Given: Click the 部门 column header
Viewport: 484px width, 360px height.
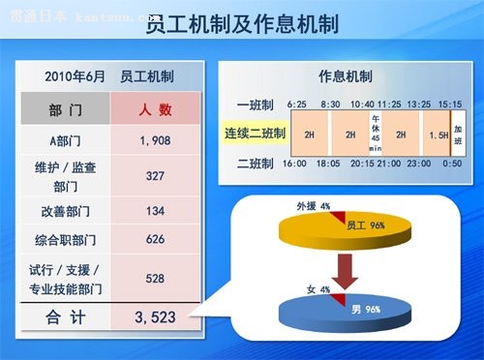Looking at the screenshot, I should tap(65, 110).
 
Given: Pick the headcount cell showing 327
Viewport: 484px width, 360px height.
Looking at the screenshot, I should tap(155, 177).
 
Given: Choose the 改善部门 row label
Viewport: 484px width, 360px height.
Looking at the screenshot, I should tap(65, 211).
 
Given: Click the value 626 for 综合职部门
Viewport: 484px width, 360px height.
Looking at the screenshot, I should tap(155, 238).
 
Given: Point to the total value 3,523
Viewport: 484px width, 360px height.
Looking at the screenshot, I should tap(155, 316).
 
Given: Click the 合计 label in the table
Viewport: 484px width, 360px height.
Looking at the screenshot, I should tap(65, 316).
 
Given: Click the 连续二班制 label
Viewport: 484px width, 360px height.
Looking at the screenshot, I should tap(256, 134).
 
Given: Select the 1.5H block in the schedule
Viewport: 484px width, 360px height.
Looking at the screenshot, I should tap(438, 135).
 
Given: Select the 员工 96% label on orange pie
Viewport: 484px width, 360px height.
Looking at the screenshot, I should tap(365, 225).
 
